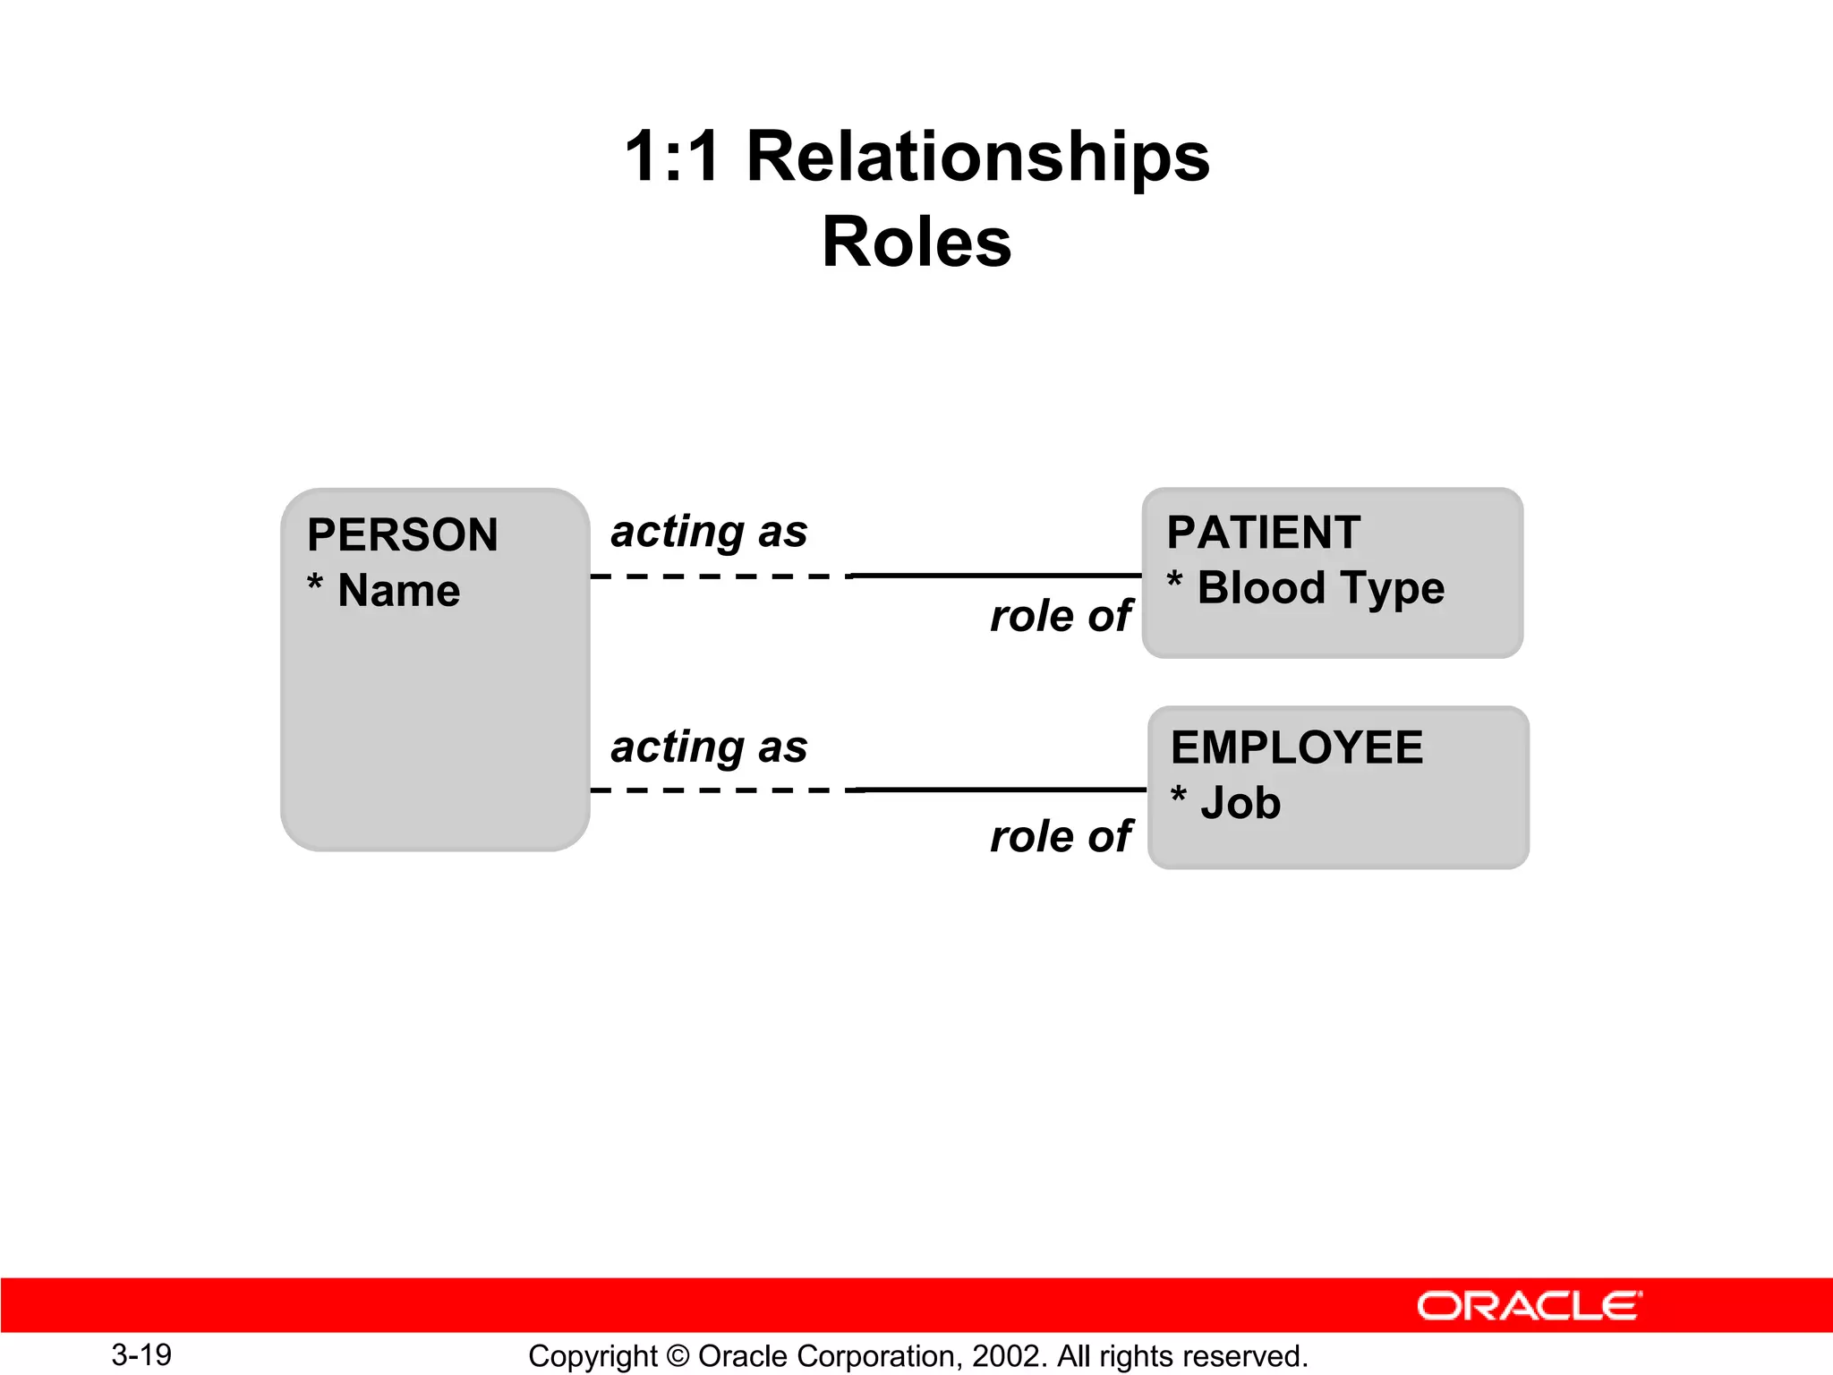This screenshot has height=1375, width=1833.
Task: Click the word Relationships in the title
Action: click(x=977, y=157)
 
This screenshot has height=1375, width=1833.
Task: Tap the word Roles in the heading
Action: click(x=916, y=243)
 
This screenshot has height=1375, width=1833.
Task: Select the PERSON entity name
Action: click(x=402, y=535)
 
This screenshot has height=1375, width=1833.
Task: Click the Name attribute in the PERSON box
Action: click(x=398, y=591)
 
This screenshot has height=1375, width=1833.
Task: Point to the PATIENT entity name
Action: click(x=1263, y=533)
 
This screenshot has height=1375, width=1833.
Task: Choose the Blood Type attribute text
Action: click(x=1320, y=589)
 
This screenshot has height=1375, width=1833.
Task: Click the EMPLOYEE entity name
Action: click(x=1296, y=747)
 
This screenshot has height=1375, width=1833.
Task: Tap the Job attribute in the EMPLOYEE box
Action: click(x=1240, y=803)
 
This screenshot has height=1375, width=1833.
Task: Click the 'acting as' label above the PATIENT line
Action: click(x=709, y=532)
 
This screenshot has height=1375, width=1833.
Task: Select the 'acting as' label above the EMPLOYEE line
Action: click(x=709, y=747)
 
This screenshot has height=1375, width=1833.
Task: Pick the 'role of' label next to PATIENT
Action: click(x=1061, y=616)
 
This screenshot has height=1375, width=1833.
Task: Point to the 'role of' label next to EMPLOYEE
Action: click(x=1061, y=836)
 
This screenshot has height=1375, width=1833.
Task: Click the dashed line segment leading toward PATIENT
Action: click(x=720, y=576)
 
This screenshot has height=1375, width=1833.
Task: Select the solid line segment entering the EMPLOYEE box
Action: click(x=1002, y=790)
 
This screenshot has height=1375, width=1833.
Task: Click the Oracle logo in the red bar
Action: click(x=1529, y=1306)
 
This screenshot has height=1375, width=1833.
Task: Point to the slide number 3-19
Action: click(x=141, y=1354)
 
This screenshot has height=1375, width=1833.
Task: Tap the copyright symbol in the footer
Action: click(x=678, y=1356)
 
